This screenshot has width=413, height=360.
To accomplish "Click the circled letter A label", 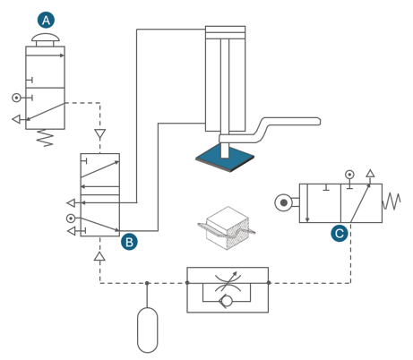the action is click(46, 20).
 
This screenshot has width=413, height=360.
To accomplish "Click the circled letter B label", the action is click(129, 242).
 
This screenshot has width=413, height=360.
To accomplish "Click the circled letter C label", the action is click(340, 233).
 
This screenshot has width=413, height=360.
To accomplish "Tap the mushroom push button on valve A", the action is click(46, 39).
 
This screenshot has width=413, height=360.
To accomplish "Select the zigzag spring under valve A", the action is click(45, 138).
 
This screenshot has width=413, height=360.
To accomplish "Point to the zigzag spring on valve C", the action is click(391, 201).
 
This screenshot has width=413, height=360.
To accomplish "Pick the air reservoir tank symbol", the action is click(147, 330).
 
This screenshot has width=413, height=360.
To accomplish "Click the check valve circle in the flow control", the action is click(227, 301).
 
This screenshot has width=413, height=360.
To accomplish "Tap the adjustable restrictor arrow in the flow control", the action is click(227, 281).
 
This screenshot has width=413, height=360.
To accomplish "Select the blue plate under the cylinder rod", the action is click(225, 158).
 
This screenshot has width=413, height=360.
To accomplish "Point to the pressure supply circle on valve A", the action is click(16, 98).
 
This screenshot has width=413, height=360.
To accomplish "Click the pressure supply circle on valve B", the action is click(71, 219).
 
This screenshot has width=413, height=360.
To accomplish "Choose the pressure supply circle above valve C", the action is click(349, 175).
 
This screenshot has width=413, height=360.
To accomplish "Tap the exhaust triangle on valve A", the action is click(16, 119).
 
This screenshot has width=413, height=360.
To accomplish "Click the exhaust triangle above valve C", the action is click(370, 173).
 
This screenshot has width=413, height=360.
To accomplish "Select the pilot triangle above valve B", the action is click(100, 133).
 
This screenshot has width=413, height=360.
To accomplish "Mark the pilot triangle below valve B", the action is click(99, 256).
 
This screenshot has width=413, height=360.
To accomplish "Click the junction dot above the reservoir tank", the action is click(147, 283).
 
